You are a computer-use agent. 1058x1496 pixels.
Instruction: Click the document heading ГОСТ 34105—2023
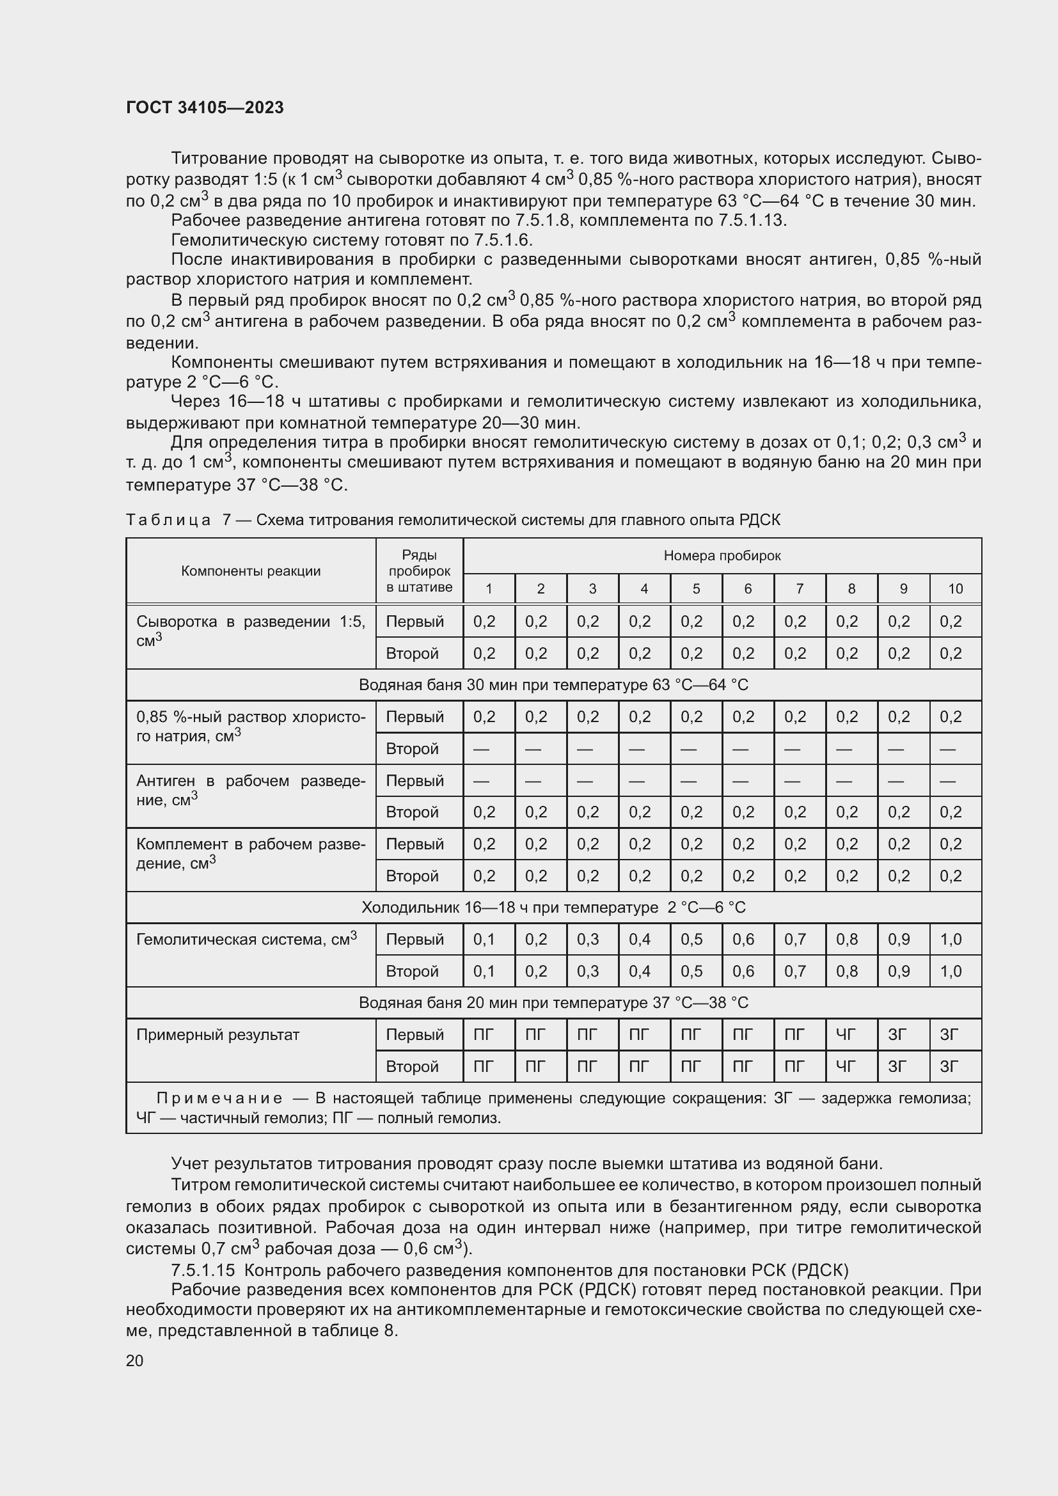click(x=205, y=107)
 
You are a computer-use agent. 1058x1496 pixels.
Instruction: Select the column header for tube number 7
click(x=800, y=589)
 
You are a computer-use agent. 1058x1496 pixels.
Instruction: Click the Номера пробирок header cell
click(x=722, y=556)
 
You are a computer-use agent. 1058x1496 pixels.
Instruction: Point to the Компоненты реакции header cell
click(x=251, y=571)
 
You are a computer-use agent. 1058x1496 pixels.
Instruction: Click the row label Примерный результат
click(x=217, y=1035)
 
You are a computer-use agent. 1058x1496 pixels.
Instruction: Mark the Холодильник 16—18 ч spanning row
click(x=553, y=908)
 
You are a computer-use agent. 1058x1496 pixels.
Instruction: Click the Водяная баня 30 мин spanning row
click(x=553, y=685)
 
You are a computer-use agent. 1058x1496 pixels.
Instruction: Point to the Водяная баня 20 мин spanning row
click(x=553, y=1003)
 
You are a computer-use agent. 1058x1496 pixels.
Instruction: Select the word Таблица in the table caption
click(x=168, y=520)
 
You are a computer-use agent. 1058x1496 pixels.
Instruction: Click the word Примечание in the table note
click(x=219, y=1099)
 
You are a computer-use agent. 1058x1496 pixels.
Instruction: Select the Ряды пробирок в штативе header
click(x=419, y=571)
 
